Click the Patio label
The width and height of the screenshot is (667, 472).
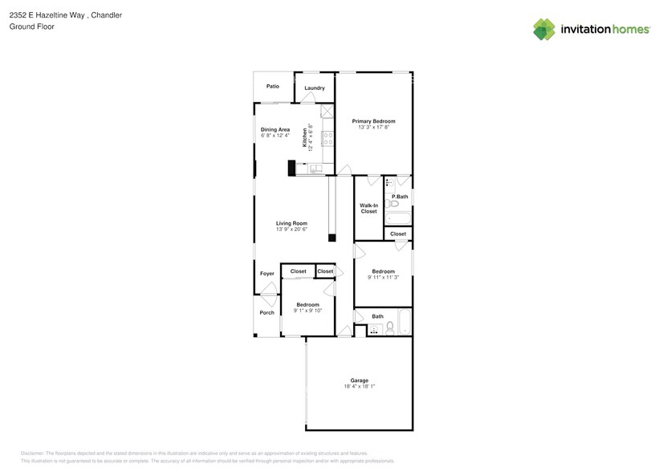point(273,86)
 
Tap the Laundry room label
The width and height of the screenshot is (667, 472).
point(314,88)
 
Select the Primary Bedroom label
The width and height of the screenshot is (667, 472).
point(373,121)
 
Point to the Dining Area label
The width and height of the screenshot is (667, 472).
point(275,129)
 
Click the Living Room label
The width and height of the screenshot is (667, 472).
point(291,223)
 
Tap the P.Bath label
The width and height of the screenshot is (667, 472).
point(400,197)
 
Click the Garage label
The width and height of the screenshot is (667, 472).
point(359,380)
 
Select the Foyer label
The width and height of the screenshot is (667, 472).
point(267,274)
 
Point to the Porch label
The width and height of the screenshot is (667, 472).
point(266,312)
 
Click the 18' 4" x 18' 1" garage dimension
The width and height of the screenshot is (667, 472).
point(359,386)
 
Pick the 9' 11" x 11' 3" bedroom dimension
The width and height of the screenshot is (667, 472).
point(382,278)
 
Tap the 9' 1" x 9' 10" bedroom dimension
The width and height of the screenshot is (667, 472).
point(307,311)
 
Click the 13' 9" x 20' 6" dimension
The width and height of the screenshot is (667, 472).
point(291,230)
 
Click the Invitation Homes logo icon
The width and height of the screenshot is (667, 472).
point(544,29)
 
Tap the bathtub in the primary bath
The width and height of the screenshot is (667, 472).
point(398,218)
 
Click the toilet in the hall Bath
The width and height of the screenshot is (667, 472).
point(390,328)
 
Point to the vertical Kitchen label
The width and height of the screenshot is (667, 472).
point(305,138)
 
